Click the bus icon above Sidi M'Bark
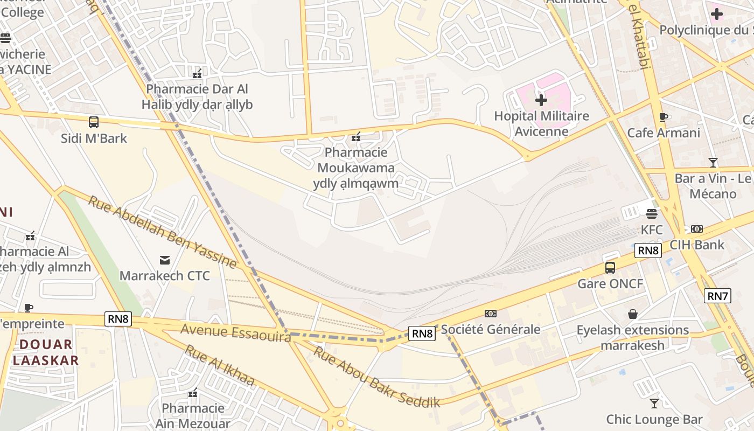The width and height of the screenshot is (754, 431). coord(94,122)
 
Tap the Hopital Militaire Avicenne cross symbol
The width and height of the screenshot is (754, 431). coord(541,100)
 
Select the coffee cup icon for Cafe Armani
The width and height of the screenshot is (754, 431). coord(664,117)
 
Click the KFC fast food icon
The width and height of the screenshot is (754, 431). coord(652,213)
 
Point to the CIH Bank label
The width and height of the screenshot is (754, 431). coord(697,245)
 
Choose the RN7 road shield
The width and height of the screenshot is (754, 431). coord(718,295)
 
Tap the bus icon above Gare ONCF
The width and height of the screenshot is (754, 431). coord(610,268)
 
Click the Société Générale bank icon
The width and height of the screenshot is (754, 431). coord(490,314)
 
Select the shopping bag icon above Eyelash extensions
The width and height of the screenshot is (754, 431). coord(633,314)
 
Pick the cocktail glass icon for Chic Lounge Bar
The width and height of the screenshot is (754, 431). coord(654,404)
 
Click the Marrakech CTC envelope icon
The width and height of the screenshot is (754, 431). coord(165,261)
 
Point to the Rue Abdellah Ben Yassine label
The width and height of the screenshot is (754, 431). coord(162,232)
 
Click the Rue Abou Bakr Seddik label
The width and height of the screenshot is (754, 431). coord(377,377)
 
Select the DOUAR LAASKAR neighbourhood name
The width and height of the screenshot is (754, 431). coord(46,352)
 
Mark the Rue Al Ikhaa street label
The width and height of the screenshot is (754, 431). coord(220,365)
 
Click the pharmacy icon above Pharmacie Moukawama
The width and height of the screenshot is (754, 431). coord(356,137)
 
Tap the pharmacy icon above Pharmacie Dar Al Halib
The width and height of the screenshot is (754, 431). coord(197,73)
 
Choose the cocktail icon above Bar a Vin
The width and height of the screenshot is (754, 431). coord(713,162)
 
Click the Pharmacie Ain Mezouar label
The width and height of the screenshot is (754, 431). coord(193,415)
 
